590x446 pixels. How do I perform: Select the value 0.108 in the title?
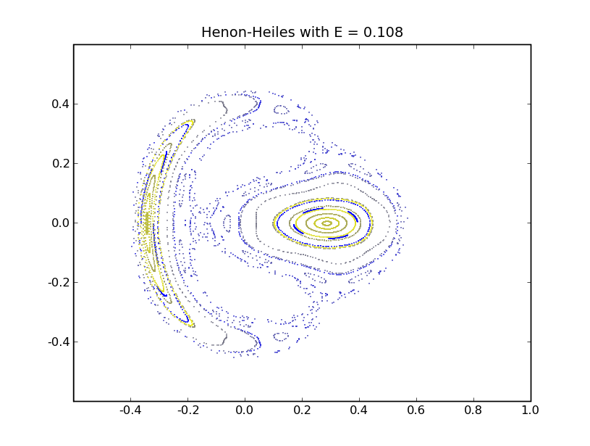pos(381,33)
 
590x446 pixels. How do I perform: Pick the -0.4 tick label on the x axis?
pos(130,410)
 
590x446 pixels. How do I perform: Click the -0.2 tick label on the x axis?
pos(187,410)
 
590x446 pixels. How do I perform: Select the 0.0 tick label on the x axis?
pos(245,410)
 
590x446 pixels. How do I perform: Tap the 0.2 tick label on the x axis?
pos(302,410)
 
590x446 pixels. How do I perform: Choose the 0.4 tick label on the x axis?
pos(359,410)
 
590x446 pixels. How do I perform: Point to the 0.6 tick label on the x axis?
pos(416,410)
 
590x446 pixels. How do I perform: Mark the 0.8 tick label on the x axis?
pos(473,410)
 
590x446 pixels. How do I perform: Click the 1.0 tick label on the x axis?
pos(531,410)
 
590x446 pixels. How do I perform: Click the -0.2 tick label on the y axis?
pos(57,282)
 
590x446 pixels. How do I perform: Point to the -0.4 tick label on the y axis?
pos(57,342)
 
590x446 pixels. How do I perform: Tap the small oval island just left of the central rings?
pos(227,223)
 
